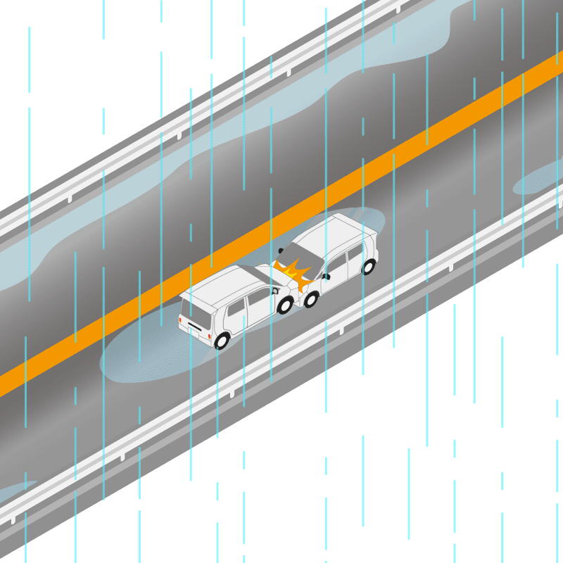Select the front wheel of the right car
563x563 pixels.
pos(310,299)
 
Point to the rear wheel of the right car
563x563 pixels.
pos(368,267)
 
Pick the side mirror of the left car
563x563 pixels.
pos(275,289)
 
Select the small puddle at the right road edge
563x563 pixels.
pos(538,179)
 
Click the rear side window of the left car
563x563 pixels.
pos(235,310)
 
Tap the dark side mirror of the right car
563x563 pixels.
pos(325,277)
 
